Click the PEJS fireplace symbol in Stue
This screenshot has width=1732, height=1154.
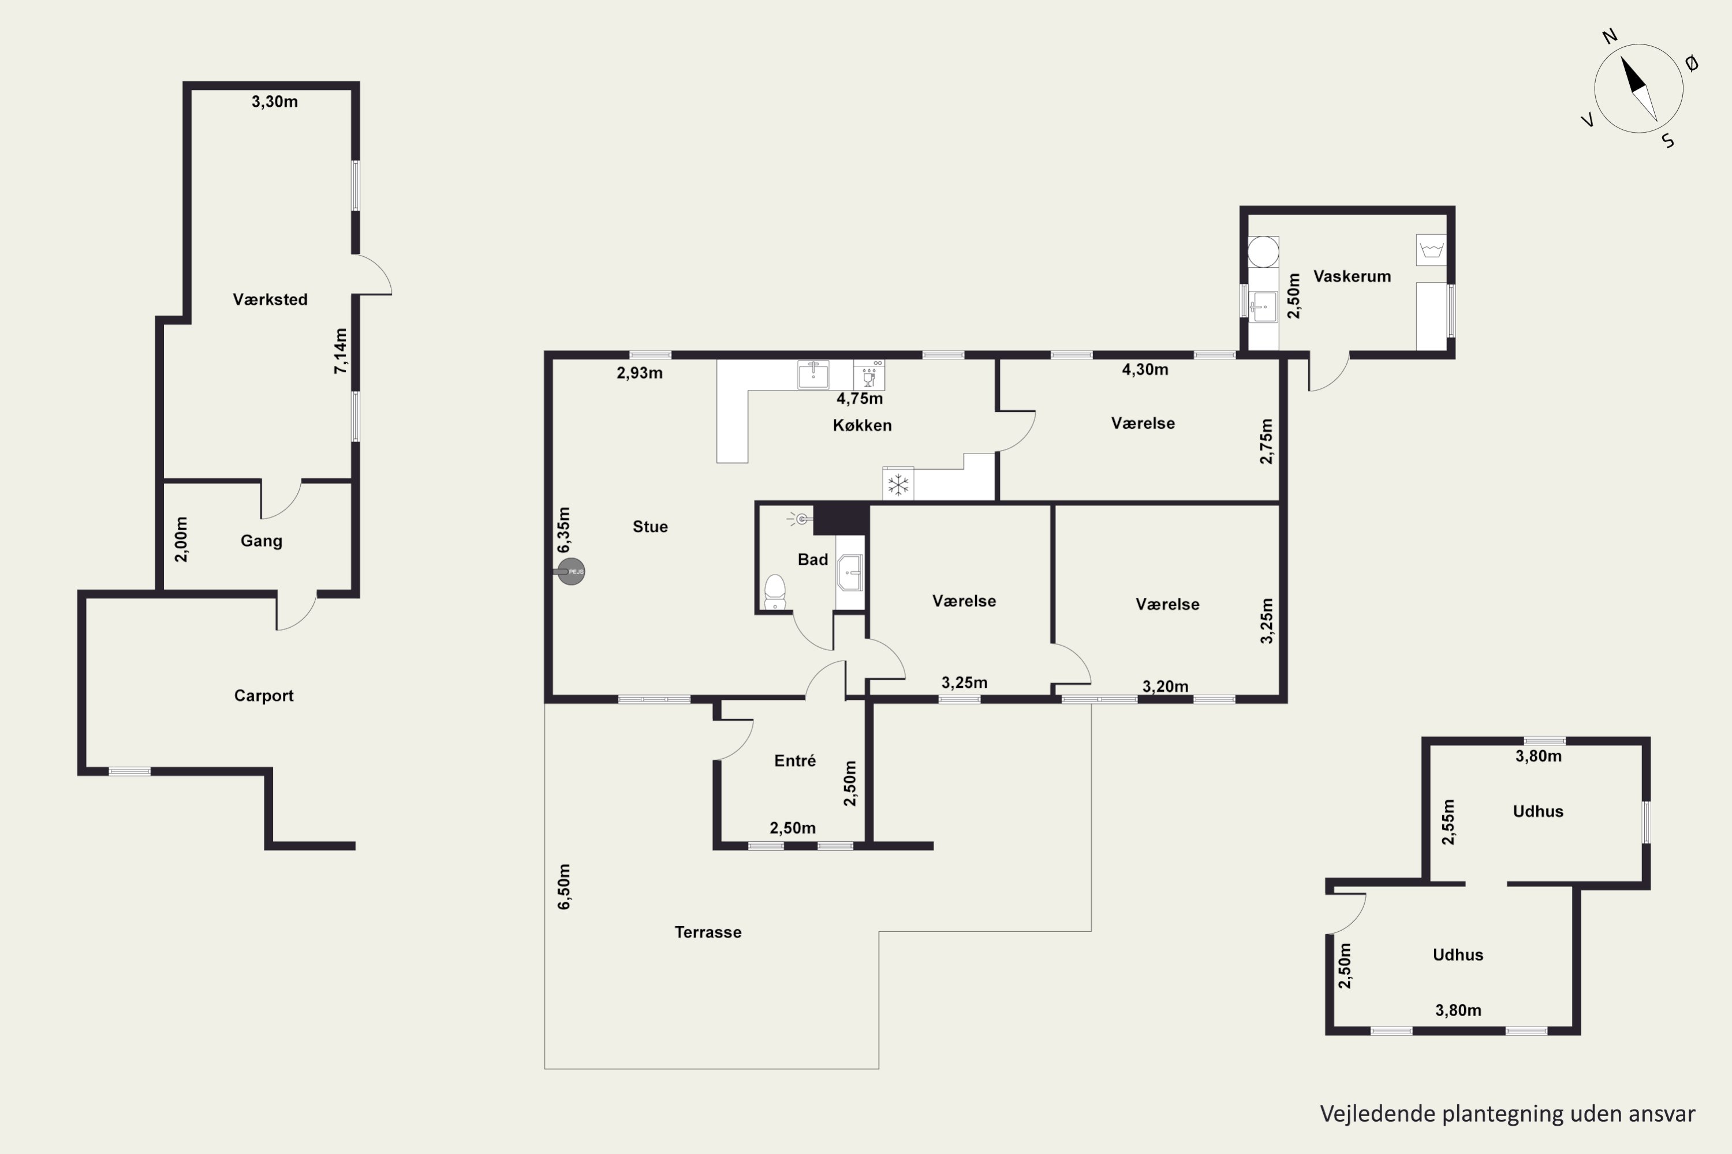571,572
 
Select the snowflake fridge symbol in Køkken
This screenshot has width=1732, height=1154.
898,484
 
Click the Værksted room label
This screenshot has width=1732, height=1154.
270,299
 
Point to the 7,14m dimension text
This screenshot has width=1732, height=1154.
340,351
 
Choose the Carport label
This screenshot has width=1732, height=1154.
264,695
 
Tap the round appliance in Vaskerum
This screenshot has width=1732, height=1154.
1264,252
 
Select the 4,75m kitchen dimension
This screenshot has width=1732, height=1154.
860,399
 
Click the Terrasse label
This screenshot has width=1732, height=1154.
708,932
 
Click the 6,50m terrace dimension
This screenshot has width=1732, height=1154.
564,887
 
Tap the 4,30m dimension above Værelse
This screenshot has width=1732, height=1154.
1145,369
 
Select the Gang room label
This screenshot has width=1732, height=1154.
262,541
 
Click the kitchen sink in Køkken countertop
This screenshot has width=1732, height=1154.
813,374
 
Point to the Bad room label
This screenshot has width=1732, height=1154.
813,559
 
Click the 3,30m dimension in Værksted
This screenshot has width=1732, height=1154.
275,102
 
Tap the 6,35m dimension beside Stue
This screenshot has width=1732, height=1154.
563,530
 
